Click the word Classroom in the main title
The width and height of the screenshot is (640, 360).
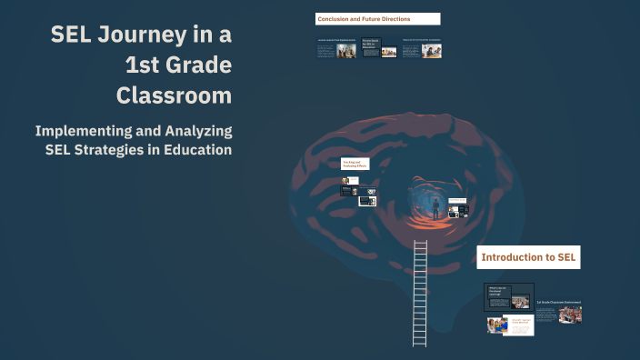(x=174, y=94)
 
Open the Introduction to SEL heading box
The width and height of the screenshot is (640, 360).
(x=528, y=257)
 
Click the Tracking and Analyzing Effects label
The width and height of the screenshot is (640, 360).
(x=355, y=164)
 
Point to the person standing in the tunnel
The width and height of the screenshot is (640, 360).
(x=435, y=208)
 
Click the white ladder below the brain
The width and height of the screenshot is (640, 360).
(x=419, y=291)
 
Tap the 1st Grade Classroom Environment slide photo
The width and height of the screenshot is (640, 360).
(x=571, y=315)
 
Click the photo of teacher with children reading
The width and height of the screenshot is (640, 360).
(x=497, y=325)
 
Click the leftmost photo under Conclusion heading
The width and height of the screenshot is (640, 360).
(x=346, y=51)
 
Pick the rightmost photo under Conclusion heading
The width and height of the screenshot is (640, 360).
(x=433, y=51)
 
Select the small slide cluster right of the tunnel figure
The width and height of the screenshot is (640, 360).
(x=462, y=211)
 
